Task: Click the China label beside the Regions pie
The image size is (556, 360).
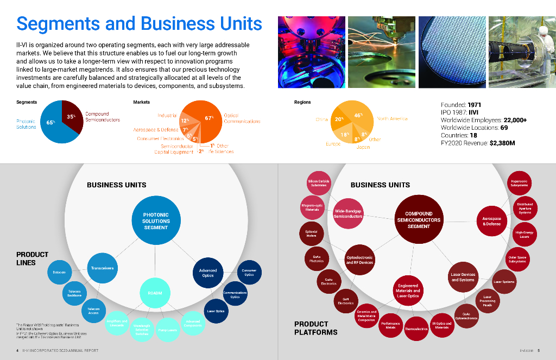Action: pos(321,119)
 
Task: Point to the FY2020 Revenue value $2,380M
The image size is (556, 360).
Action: pos(502,143)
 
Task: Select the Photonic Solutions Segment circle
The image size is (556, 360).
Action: pos(156,221)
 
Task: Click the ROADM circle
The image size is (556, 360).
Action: pos(155,293)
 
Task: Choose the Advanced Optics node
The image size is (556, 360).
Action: pos(208,273)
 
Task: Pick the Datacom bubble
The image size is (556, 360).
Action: pos(59,272)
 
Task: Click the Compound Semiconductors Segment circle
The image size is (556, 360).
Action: pos(419,220)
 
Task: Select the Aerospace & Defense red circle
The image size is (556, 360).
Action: pos(491,221)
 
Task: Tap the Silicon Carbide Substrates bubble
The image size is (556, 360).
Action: pos(318,183)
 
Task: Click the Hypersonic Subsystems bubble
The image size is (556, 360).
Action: pos(519,183)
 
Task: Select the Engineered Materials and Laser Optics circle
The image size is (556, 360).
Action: pos(408,290)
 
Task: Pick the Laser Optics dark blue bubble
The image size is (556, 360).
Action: pos(216,311)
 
